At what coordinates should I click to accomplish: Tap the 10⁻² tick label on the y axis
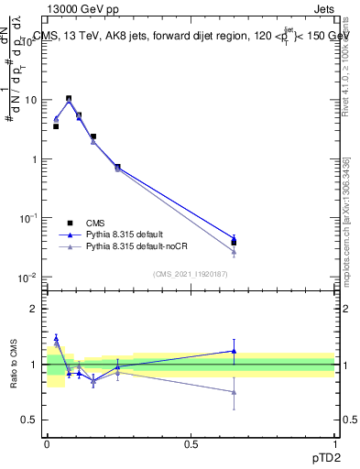28,278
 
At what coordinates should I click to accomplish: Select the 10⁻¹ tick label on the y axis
28,218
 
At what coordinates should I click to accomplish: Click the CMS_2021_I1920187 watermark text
191,274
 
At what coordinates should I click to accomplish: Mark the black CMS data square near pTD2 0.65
235,243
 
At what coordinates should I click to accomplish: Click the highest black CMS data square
69,99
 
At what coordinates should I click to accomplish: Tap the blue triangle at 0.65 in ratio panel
235,351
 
